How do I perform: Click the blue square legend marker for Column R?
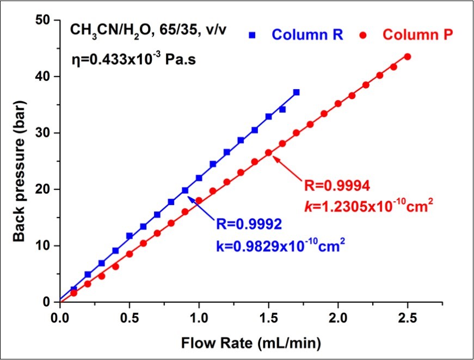(x=252, y=35)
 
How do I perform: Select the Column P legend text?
(x=417, y=35)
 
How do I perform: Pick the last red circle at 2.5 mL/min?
(x=408, y=57)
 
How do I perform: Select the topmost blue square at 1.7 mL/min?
(x=296, y=92)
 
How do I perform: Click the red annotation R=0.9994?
(x=338, y=187)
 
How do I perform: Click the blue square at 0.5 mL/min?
(x=130, y=236)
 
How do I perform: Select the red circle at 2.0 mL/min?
(x=338, y=103)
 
